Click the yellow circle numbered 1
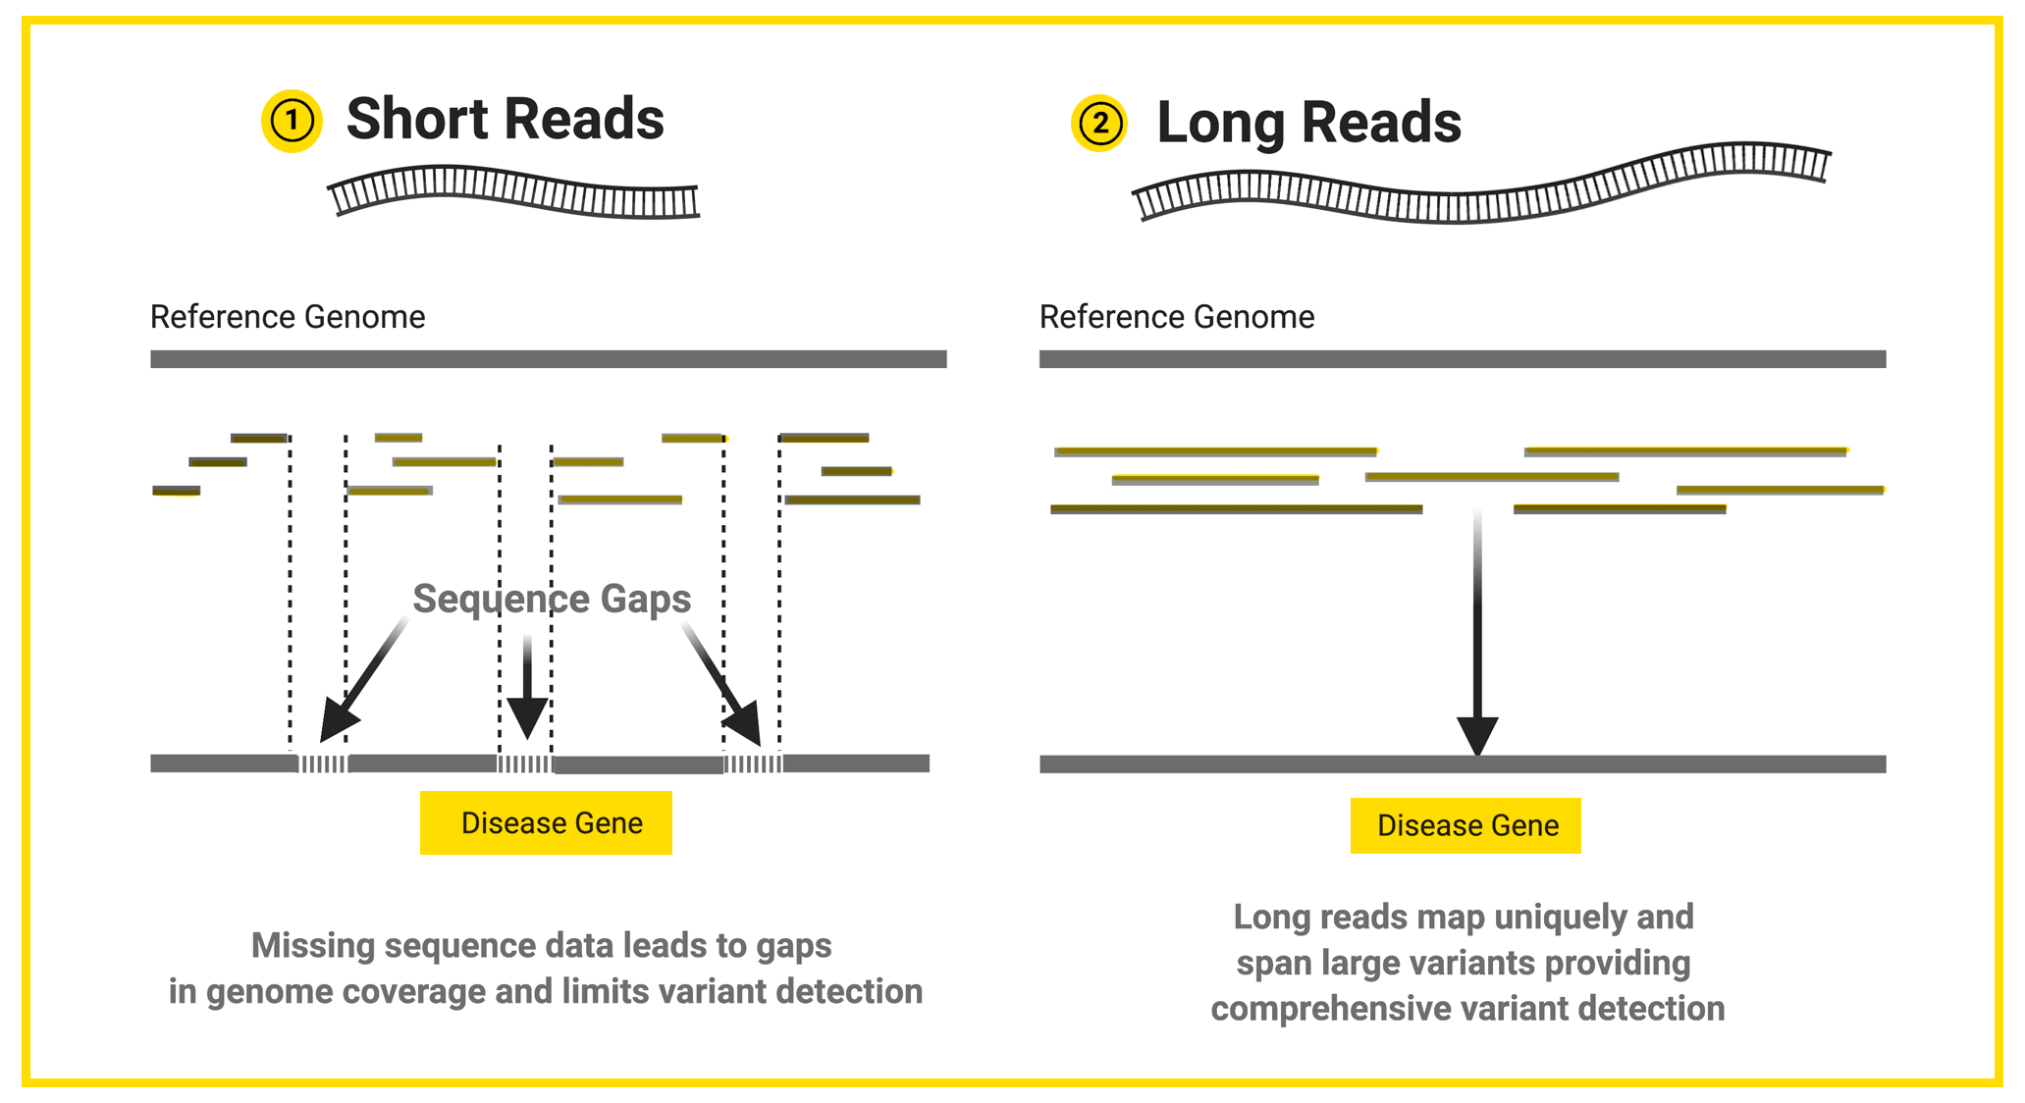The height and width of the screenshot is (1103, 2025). click(292, 121)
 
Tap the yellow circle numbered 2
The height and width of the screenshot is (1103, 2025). click(1099, 124)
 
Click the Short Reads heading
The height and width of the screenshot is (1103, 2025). click(505, 120)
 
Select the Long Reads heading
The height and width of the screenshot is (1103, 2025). click(1308, 124)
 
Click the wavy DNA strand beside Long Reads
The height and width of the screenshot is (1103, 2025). click(1480, 186)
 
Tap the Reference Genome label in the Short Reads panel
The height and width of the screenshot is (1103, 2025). click(288, 317)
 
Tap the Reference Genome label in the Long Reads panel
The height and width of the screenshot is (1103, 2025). click(1176, 317)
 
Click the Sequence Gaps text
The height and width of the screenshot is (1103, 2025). click(551, 599)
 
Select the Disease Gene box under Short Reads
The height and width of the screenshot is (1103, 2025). click(546, 822)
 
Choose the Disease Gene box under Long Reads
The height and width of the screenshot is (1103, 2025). click(1465, 825)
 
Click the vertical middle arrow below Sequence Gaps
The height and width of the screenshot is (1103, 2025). click(527, 688)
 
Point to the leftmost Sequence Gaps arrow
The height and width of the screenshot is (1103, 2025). click(362, 682)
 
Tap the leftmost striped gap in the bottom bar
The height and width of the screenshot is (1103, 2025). click(323, 763)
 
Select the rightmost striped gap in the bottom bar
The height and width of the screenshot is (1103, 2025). click(753, 763)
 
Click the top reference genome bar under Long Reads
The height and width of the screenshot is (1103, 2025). click(1462, 359)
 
